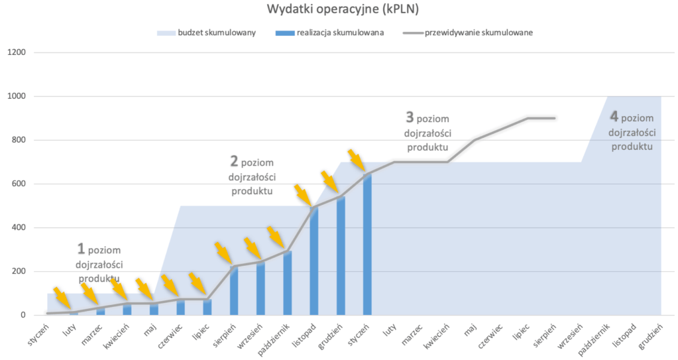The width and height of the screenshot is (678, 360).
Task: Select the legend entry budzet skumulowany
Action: pos(206,32)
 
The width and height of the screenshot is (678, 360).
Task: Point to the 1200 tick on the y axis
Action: pos(17,52)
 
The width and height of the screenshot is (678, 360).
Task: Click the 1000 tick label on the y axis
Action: pos(17,96)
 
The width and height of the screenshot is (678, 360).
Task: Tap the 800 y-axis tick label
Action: pos(19,140)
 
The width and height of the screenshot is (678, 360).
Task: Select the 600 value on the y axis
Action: pos(19,184)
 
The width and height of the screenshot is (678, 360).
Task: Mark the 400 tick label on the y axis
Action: pos(19,227)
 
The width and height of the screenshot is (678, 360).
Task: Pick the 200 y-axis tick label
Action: pos(19,271)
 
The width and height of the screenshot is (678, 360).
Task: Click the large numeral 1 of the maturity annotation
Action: pos(81,249)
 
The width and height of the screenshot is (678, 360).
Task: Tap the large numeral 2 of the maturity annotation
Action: pos(234,160)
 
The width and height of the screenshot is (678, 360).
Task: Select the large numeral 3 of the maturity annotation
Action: pos(410,117)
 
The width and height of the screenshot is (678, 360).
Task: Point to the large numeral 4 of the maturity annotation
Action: pos(614,117)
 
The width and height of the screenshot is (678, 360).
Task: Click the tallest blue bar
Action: pos(367,245)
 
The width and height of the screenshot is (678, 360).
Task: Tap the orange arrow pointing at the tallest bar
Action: pos(357,160)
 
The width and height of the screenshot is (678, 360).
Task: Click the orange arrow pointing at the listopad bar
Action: pos(303,195)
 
